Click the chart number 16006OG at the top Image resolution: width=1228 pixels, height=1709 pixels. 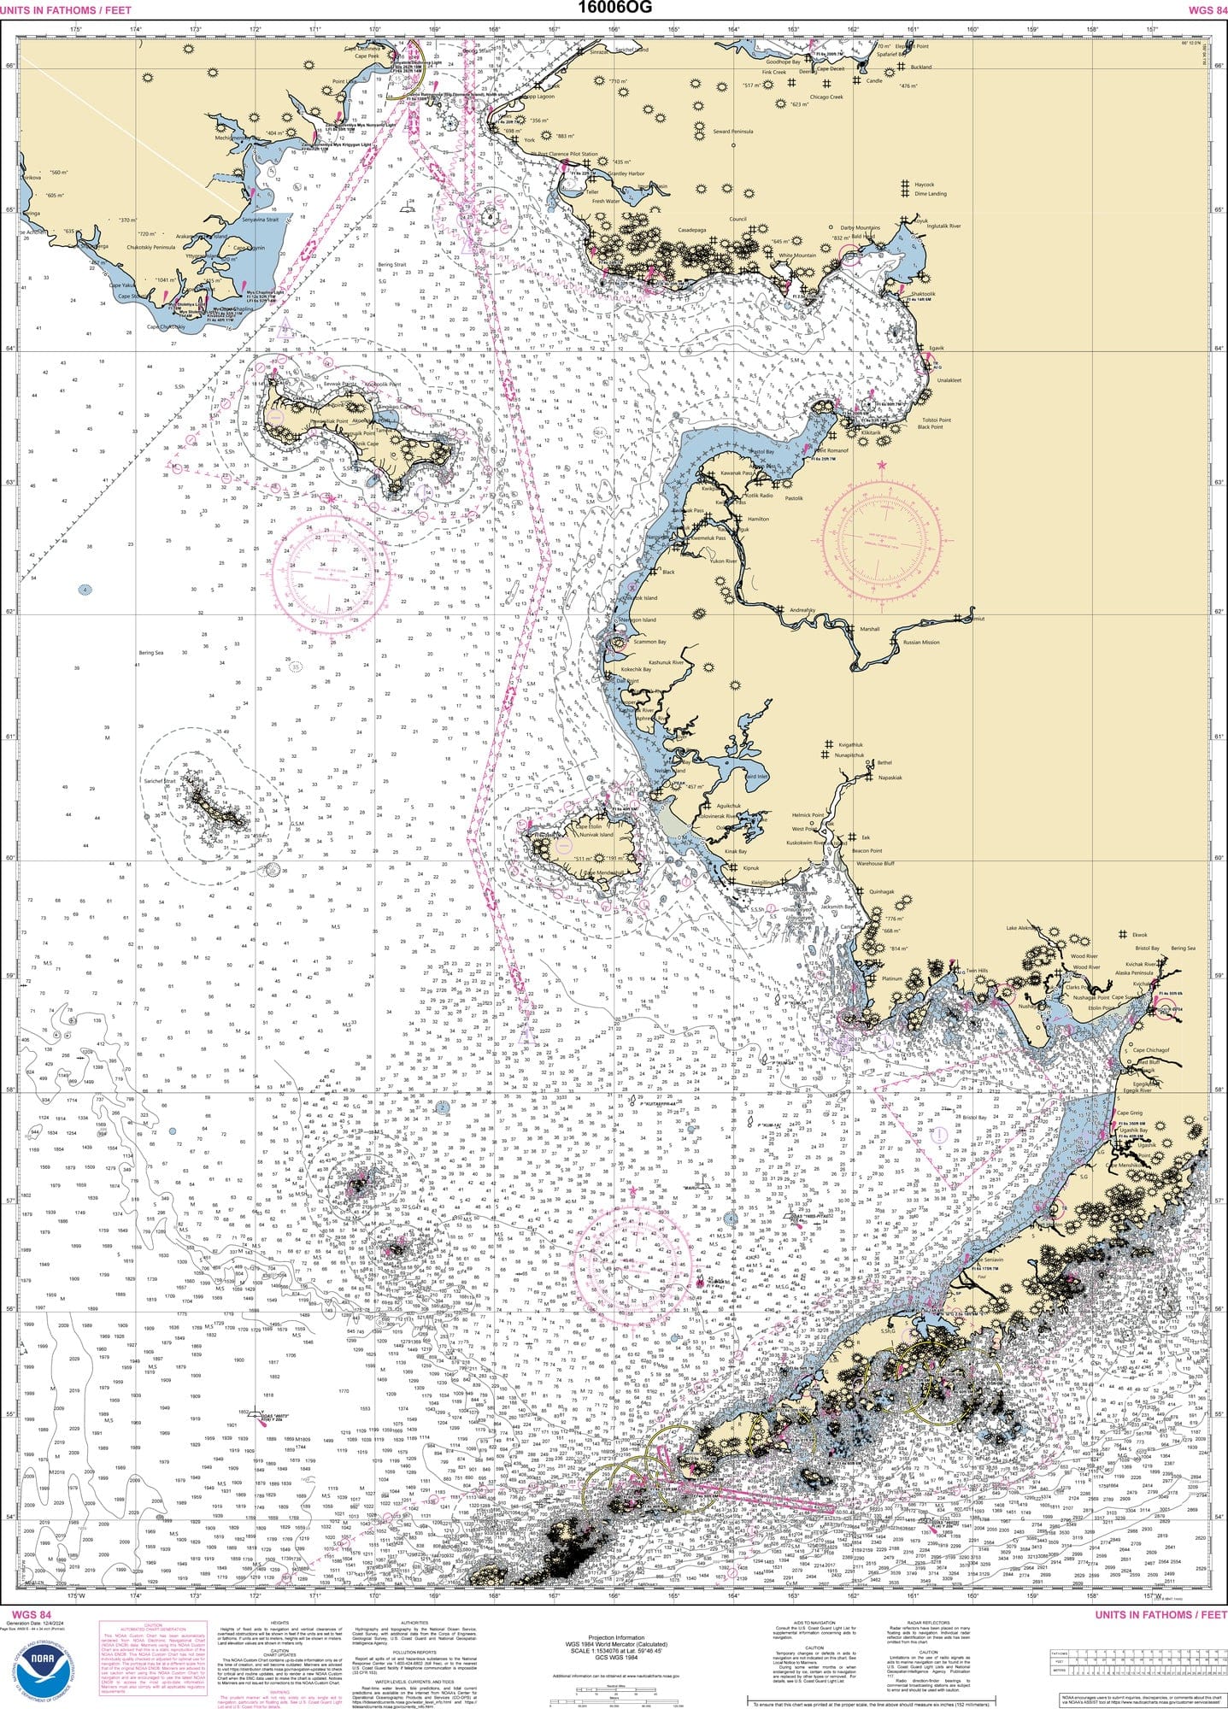click(x=613, y=8)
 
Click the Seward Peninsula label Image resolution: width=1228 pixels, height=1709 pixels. click(x=733, y=132)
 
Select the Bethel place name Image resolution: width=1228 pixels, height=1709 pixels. click(x=884, y=762)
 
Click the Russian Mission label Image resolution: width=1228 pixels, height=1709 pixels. click(x=921, y=642)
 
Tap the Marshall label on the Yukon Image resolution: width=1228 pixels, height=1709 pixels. click(x=869, y=629)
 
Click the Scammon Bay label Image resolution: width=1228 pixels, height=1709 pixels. click(x=649, y=641)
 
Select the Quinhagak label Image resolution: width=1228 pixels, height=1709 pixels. click(x=880, y=890)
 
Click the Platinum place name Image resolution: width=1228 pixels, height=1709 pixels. click(x=891, y=978)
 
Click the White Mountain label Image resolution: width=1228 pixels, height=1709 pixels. click(x=796, y=255)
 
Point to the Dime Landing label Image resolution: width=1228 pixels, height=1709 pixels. click(x=931, y=194)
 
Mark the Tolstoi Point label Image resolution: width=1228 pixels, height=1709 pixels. click(x=937, y=420)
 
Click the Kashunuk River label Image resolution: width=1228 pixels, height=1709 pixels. click(x=666, y=662)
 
